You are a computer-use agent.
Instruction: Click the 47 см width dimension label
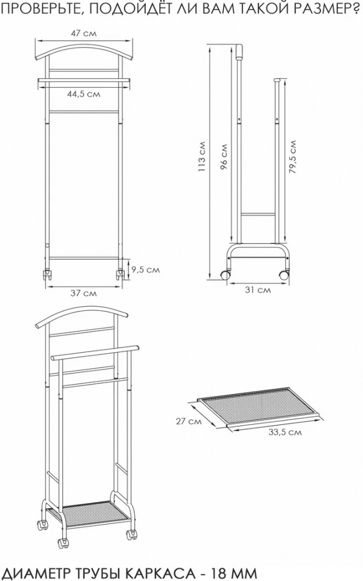[84, 33]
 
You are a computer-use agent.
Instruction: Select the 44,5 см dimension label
[84, 94]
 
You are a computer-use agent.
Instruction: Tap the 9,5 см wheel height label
[146, 270]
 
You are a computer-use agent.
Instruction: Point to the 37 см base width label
[84, 293]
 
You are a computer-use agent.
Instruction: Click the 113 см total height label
[202, 156]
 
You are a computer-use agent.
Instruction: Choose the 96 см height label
[224, 156]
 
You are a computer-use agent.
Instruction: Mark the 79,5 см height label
[293, 157]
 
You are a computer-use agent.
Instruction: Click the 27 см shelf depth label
[189, 421]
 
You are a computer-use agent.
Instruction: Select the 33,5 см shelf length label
[285, 432]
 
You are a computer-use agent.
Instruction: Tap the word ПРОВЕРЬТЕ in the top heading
[39, 8]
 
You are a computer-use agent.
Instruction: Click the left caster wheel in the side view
[225, 275]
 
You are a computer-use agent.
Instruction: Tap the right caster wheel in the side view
[284, 275]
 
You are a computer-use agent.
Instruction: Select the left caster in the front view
[48, 275]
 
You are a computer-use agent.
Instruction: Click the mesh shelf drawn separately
[259, 406]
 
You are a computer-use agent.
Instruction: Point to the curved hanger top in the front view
[84, 50]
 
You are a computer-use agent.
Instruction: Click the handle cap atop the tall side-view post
[239, 52]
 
